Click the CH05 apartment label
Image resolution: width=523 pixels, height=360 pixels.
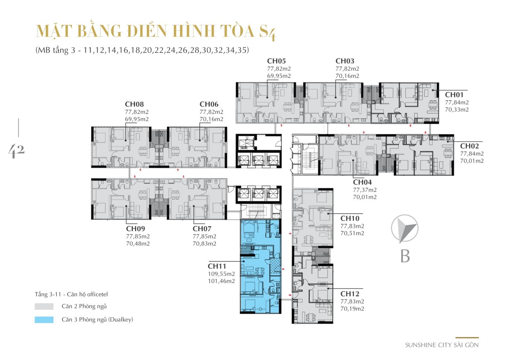[276, 61]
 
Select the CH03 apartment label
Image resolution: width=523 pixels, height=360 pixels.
[345, 61]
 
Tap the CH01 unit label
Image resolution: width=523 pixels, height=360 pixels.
[454, 95]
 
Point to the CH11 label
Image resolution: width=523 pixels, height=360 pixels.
[217, 266]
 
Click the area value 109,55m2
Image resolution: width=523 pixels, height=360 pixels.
[221, 274]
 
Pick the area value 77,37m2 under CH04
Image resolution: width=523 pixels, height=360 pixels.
[365, 190]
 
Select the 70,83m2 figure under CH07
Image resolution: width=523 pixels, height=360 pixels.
[204, 244]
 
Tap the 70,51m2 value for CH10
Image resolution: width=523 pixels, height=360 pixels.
[352, 233]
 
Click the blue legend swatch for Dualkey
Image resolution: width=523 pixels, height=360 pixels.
[44, 319]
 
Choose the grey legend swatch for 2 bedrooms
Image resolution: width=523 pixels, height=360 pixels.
[44, 306]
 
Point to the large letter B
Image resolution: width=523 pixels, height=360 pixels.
[405, 256]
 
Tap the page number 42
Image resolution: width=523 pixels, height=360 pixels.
[16, 151]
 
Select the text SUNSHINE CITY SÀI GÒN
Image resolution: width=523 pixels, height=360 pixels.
[442, 345]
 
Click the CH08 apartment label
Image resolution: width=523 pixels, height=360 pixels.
[134, 104]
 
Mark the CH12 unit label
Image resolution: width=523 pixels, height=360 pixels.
[349, 294]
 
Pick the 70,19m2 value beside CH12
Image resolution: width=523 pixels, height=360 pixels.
[352, 308]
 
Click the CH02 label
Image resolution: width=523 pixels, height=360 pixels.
[469, 146]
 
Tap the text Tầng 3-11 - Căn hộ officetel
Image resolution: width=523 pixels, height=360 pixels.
[71, 294]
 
